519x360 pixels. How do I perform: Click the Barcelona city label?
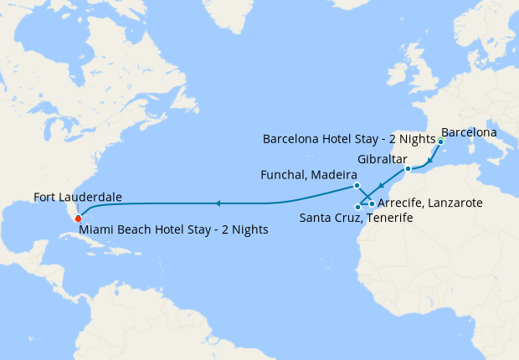click(x=469, y=132)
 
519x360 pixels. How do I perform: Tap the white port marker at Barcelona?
click(x=440, y=141)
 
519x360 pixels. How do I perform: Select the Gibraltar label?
click(x=382, y=159)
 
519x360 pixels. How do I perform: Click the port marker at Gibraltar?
click(x=409, y=170)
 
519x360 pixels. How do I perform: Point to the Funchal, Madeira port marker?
click(x=357, y=185)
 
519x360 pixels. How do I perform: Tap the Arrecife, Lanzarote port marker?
click(x=372, y=204)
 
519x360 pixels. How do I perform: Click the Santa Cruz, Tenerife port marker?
click(x=357, y=206)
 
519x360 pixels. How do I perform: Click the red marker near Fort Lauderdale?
click(x=78, y=219)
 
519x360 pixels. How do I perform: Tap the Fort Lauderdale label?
click(x=78, y=198)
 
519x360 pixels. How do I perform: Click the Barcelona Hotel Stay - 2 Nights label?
click(x=349, y=139)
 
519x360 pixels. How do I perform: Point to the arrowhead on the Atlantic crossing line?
click(x=217, y=203)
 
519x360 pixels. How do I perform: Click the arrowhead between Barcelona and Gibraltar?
click(x=429, y=161)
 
